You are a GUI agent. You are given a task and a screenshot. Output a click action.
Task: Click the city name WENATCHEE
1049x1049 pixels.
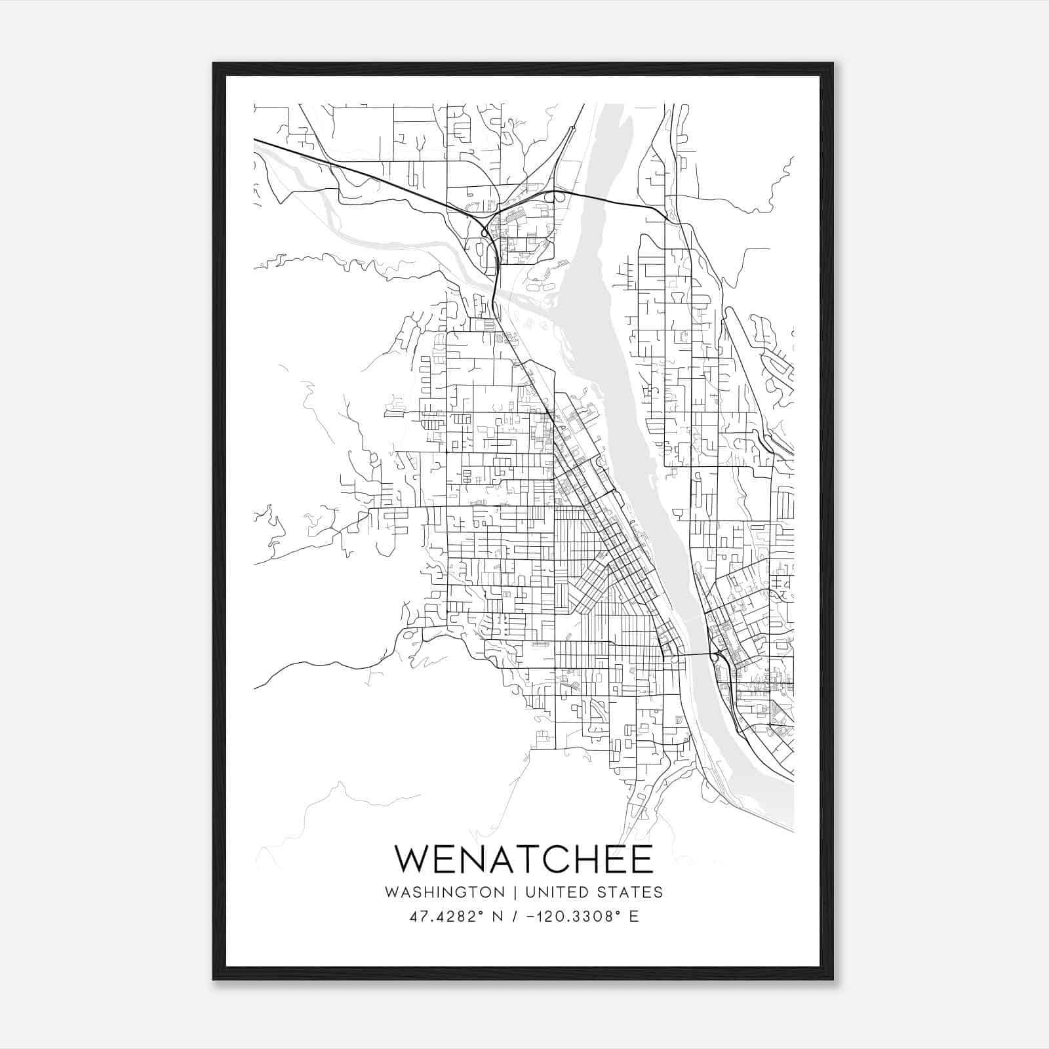coord(524,859)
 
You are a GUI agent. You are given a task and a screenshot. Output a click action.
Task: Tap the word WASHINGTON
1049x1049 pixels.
coord(445,892)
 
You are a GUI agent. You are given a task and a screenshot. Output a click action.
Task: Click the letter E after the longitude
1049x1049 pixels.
coord(633,917)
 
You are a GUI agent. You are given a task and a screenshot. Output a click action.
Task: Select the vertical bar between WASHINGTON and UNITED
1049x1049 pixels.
coord(515,892)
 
